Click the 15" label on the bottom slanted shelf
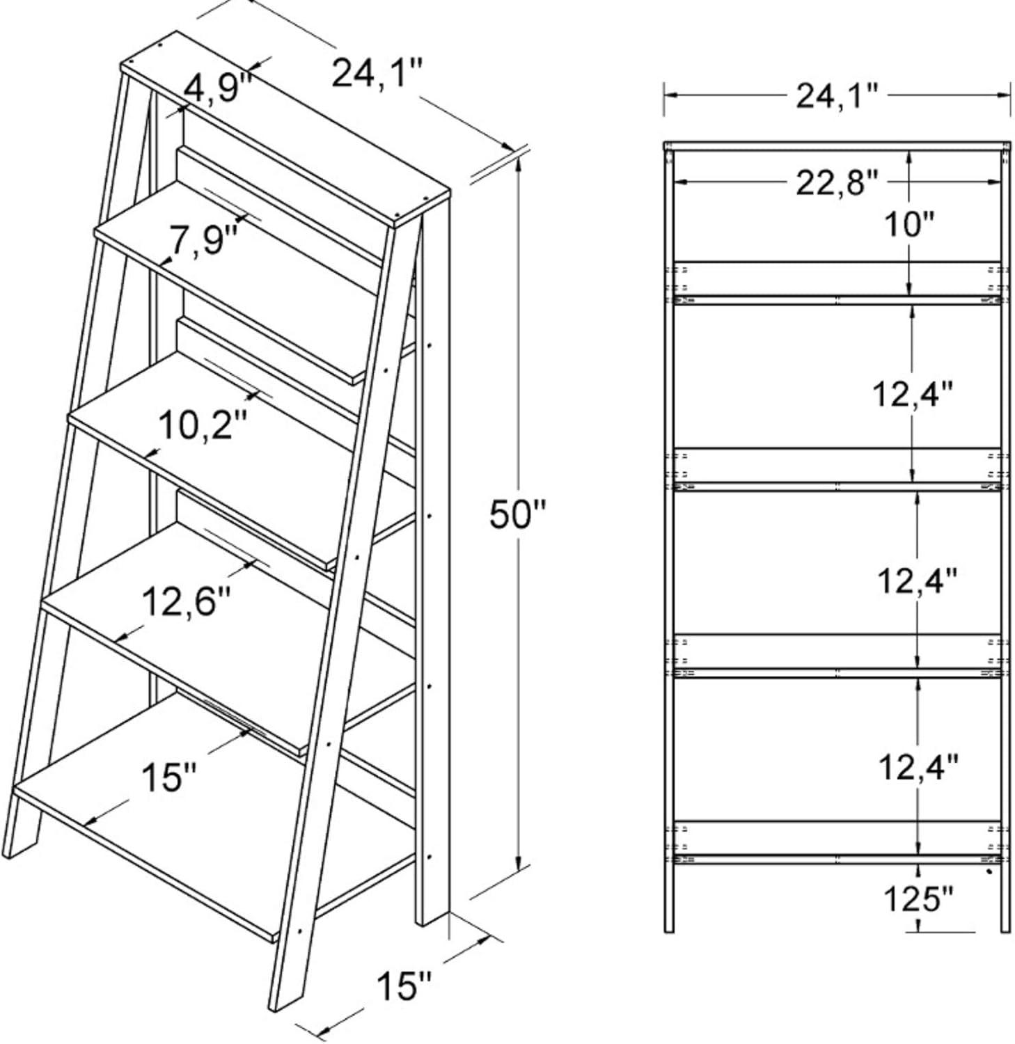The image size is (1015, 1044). [169, 776]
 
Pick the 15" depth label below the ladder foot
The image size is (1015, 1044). [404, 986]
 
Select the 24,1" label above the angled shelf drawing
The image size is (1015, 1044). [377, 74]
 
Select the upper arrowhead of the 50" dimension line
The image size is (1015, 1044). [519, 161]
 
